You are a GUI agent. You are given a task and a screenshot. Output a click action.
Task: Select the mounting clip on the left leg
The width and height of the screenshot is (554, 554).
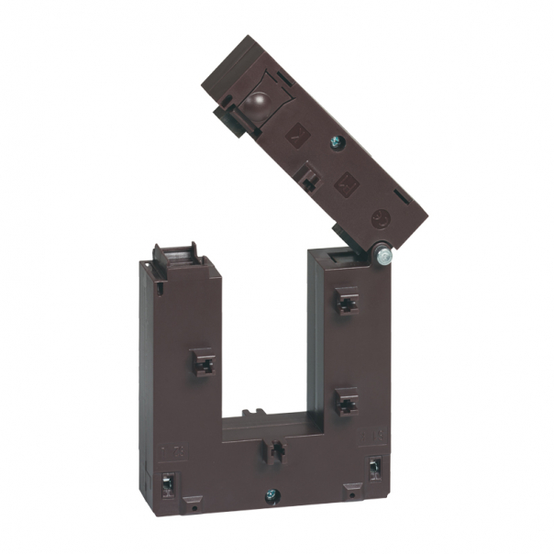[204, 363]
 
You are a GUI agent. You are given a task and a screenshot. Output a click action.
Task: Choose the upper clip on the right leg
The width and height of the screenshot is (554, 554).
[346, 300]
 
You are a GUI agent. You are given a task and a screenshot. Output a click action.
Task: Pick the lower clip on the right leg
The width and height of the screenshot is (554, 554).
[346, 401]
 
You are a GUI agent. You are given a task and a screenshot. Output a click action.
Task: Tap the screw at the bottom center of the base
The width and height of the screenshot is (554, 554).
[271, 496]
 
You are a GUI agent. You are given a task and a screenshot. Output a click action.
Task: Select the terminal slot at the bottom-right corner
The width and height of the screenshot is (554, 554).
[374, 468]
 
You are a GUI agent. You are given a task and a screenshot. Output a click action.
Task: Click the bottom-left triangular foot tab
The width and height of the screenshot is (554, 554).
[190, 503]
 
